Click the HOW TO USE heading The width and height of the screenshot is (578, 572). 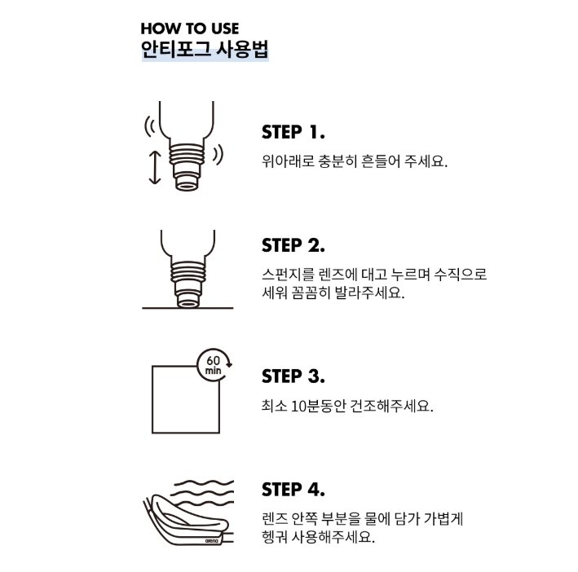coord(190,29)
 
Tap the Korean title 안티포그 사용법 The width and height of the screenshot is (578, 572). coord(205,50)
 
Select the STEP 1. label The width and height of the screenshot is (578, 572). coord(293,132)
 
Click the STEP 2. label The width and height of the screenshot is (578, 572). coord(293,245)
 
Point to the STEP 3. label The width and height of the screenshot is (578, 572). coord(293,376)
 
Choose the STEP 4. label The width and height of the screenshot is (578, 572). coord(293,490)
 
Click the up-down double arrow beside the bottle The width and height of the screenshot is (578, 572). coord(155,168)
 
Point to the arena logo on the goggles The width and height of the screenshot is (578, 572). coord(212,541)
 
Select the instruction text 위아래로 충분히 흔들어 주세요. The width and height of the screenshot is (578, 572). coord(355,161)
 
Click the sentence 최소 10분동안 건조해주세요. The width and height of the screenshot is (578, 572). coord(347,406)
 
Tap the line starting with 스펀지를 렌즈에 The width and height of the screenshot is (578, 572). coord(374,275)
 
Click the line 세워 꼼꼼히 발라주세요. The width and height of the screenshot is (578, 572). coord(333,293)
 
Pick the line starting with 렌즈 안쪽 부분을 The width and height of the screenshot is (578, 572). coord(362,519)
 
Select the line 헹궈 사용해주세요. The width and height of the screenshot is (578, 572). coord(318,537)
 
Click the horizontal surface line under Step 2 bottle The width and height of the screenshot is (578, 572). coord(188,308)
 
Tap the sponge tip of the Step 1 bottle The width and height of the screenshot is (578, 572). coord(188,183)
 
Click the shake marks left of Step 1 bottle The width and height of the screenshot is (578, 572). coord(150,127)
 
